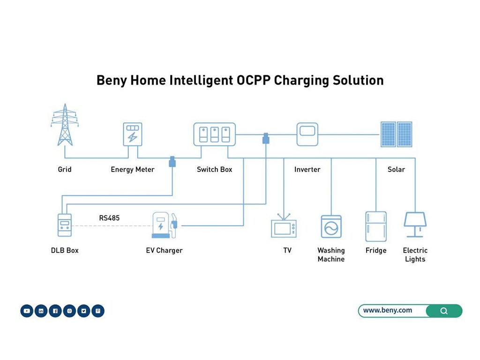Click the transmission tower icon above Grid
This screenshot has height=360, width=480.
(65, 125)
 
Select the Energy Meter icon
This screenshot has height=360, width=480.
(132, 134)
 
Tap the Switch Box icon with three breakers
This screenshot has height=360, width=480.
(215, 134)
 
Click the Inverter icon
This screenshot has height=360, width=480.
(307, 134)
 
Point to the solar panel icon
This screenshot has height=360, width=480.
(396, 135)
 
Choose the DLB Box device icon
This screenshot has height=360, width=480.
(64, 225)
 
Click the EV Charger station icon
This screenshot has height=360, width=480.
(164, 225)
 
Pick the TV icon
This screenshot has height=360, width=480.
(284, 227)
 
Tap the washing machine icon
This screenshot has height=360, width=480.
(331, 227)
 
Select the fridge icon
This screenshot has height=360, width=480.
(376, 226)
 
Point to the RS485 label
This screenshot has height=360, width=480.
(109, 218)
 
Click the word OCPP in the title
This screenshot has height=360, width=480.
(253, 80)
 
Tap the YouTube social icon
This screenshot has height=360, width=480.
(27, 311)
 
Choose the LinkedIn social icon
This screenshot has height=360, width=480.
(41, 311)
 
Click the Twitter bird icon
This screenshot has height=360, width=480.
(83, 311)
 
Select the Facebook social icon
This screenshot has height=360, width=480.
(55, 311)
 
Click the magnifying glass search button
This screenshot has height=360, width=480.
(444, 311)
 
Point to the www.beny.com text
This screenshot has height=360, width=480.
(388, 310)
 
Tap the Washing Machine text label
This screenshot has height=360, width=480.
(331, 255)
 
